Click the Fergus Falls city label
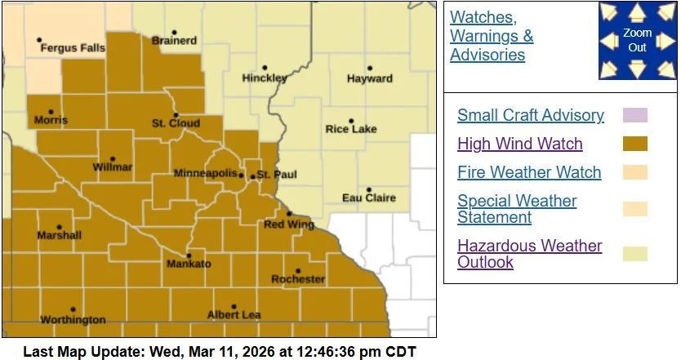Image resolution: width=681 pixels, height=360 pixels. (x=73, y=48)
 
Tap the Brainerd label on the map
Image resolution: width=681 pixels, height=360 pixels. (x=174, y=41)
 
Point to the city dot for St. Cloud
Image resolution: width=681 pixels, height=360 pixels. (x=176, y=115)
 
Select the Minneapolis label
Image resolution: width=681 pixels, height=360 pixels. (x=205, y=174)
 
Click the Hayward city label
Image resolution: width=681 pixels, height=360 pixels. (x=370, y=79)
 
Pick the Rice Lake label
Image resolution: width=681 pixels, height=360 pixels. (x=352, y=129)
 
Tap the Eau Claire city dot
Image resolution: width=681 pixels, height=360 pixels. (x=368, y=189)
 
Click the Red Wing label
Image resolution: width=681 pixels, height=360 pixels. (x=284, y=224)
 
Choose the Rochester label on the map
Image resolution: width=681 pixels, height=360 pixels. (x=298, y=279)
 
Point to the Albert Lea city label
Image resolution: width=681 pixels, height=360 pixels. (x=234, y=315)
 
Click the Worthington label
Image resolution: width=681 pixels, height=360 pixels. (x=73, y=320)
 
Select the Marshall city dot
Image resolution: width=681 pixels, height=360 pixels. (x=59, y=228)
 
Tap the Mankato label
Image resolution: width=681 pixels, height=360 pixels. (x=189, y=264)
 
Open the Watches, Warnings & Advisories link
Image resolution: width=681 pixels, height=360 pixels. (x=492, y=36)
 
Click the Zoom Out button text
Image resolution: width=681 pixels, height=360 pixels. (x=637, y=40)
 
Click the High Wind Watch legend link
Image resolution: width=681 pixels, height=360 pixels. (x=519, y=144)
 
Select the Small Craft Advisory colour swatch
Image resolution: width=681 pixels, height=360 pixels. (x=634, y=115)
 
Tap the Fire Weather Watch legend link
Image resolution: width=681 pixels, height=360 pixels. (x=529, y=172)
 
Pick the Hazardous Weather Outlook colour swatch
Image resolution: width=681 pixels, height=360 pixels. (x=634, y=253)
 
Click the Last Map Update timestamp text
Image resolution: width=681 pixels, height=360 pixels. (x=219, y=352)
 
